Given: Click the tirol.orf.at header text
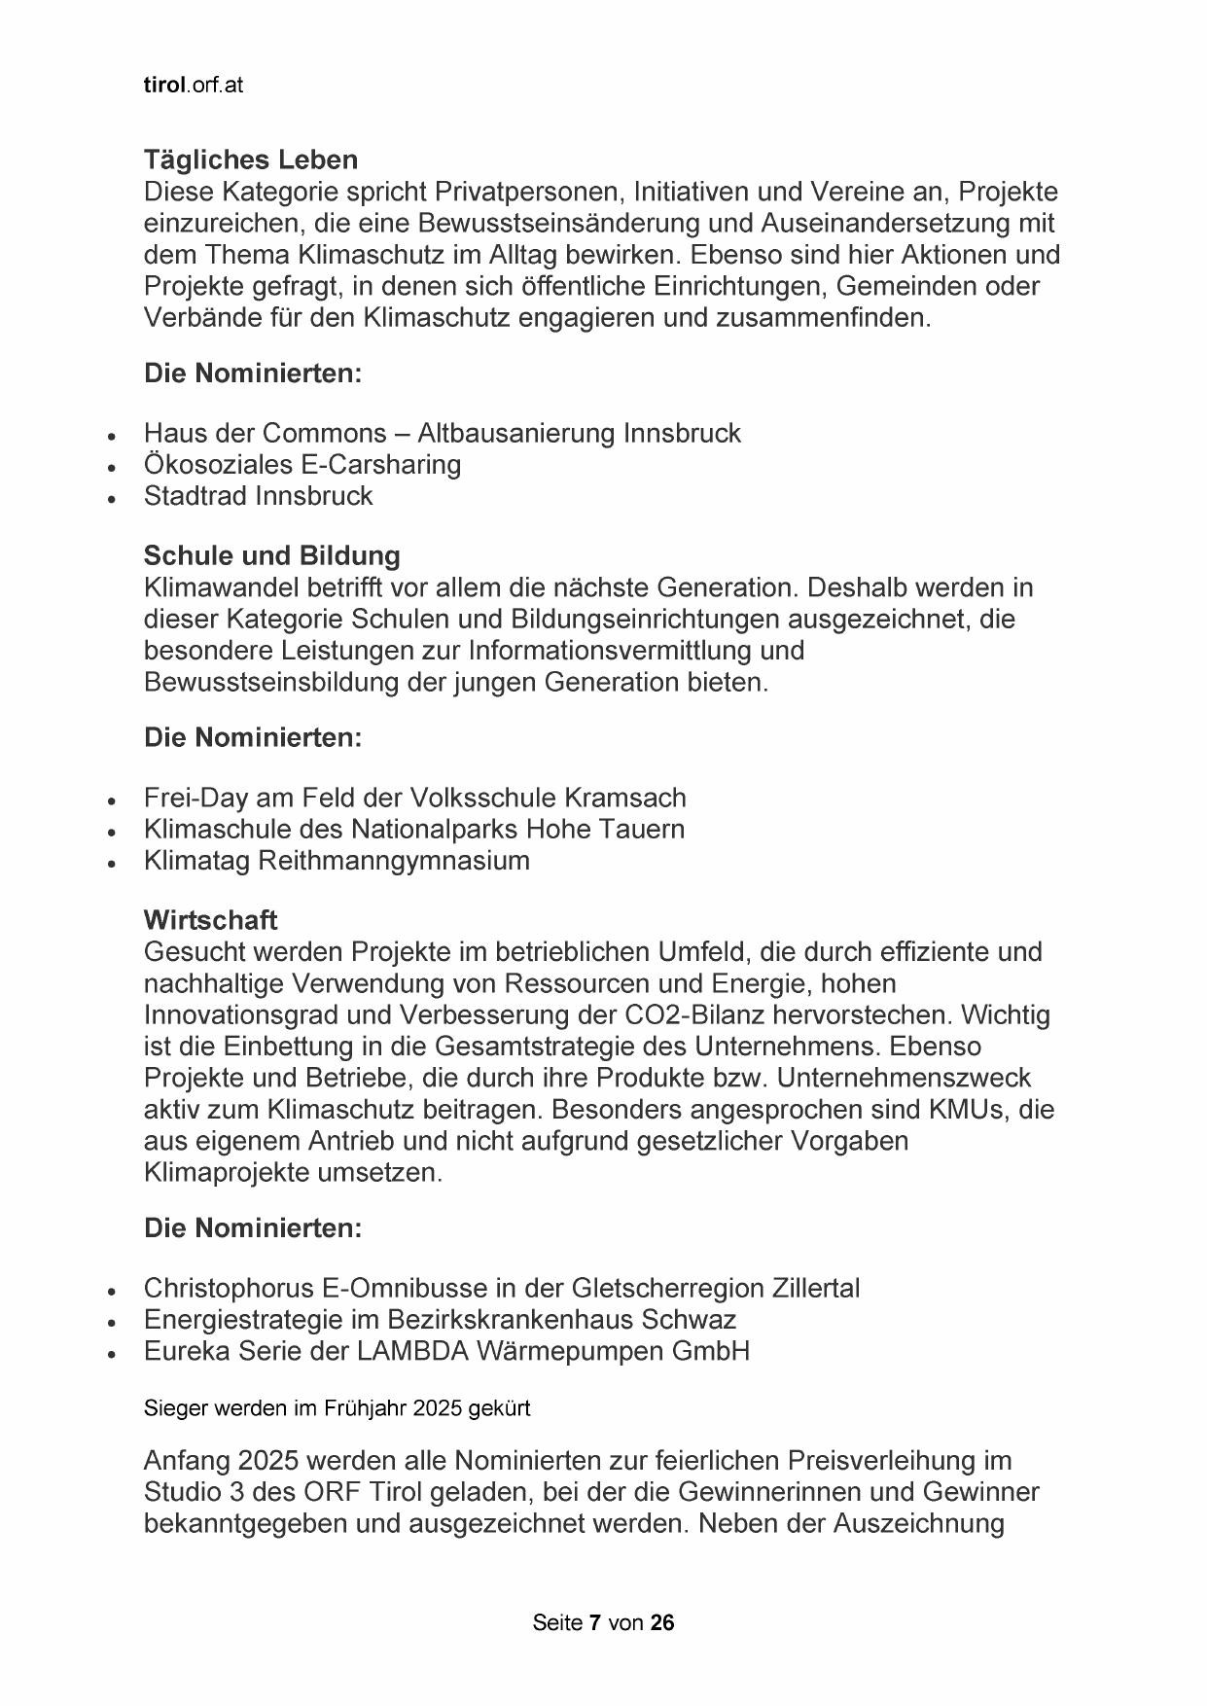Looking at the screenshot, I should pyautogui.click(x=193, y=86).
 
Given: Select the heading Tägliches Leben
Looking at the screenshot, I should pyautogui.click(x=251, y=160).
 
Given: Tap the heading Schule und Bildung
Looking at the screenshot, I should pyautogui.click(x=271, y=555).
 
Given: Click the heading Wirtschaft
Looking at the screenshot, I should pyautogui.click(x=210, y=919).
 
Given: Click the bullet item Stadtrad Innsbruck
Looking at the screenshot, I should pyautogui.click(x=258, y=496).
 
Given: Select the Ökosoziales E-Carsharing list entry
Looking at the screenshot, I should pyautogui.click(x=302, y=464).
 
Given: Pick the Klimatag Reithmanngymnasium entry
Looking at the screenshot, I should pyautogui.click(x=337, y=861).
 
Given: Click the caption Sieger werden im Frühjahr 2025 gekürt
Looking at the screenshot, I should pyautogui.click(x=337, y=1408).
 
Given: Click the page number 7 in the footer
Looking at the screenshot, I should pyautogui.click(x=594, y=1622).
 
